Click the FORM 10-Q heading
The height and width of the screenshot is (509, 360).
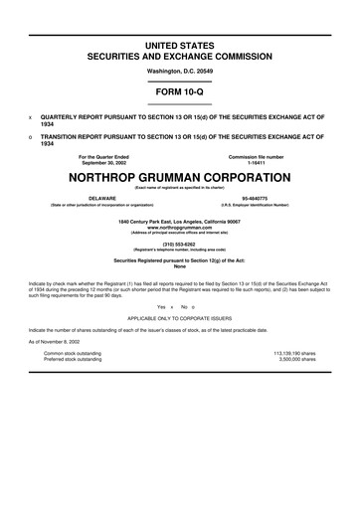coord(179,90)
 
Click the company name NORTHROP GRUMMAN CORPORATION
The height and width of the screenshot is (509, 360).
coord(179,177)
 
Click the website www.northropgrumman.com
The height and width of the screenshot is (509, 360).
coord(179,227)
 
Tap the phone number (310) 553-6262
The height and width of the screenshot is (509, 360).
coord(179,242)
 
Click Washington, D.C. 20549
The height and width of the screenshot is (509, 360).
coord(179,71)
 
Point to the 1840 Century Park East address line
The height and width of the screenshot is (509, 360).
coord(179,221)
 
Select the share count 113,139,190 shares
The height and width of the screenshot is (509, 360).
coord(293,352)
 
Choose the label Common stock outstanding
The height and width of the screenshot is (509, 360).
coord(72,352)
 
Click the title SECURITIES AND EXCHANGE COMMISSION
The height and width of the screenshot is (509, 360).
coord(179,57)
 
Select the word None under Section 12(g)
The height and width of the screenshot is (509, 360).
coord(179,265)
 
